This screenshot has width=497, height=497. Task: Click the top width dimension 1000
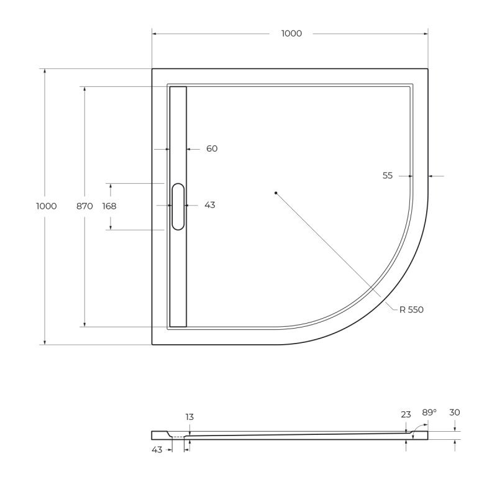tap(291, 34)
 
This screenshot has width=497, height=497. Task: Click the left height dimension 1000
tap(47, 206)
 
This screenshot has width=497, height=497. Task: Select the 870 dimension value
tap(84, 206)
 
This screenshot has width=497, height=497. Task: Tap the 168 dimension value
tap(109, 206)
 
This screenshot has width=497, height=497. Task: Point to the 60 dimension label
tap(211, 148)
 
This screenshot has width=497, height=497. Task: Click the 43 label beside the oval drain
tap(209, 205)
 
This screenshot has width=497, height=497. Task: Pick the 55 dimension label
tap(388, 176)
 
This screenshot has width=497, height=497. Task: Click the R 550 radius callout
tap(411, 309)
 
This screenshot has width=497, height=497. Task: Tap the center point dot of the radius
tap(276, 193)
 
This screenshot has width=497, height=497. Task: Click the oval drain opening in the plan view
tap(178, 207)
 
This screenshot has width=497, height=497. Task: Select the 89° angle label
tap(429, 413)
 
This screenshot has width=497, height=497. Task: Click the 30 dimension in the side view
tap(455, 413)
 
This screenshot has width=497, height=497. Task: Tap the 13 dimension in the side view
tap(189, 417)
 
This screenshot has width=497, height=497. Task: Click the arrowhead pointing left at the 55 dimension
tap(431, 176)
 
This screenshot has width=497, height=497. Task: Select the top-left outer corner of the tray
tap(153, 69)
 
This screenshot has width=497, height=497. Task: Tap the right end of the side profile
tap(427, 435)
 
